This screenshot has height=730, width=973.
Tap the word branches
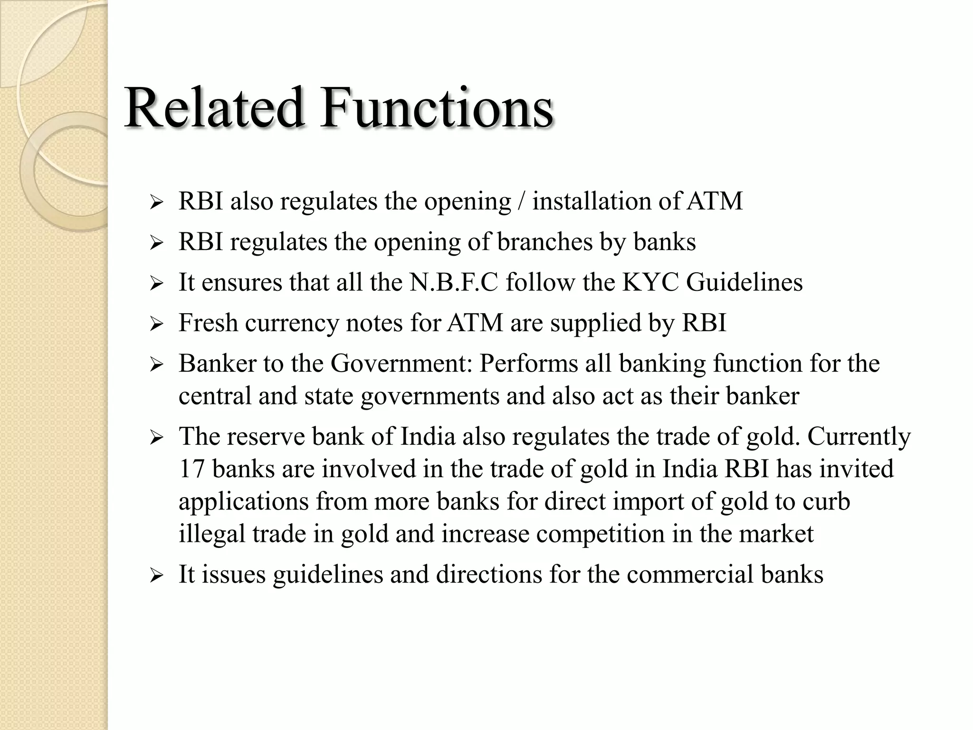coord(545,241)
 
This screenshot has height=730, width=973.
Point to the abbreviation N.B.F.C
coord(454,282)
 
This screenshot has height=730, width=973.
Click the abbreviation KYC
coord(650,282)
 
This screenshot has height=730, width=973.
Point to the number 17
coord(191,469)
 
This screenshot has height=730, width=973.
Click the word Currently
coord(859,437)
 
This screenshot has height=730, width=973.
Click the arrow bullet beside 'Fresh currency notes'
coord(156,325)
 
